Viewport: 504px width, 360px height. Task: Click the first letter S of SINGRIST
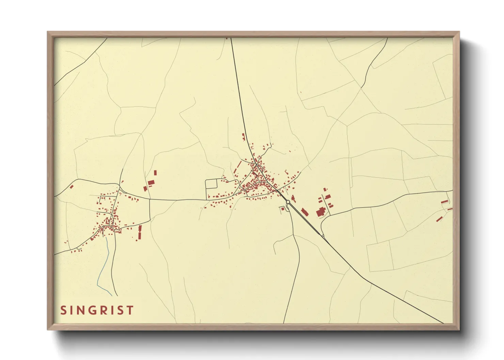point(64,310)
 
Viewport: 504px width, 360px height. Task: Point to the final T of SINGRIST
point(130,310)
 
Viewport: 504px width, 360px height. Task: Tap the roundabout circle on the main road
point(288,202)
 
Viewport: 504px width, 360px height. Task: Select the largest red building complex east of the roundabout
point(320,212)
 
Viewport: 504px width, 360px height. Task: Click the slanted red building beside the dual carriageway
point(304,212)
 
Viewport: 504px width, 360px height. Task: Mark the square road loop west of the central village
point(211,184)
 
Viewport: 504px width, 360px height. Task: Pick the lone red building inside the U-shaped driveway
point(283,208)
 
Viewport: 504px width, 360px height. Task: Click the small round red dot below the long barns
point(137,240)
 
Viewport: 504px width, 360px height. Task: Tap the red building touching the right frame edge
point(450,209)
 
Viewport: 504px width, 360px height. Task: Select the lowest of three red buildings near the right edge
point(439,219)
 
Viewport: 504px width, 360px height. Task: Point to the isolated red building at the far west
point(72,186)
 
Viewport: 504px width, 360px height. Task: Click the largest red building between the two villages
point(151,183)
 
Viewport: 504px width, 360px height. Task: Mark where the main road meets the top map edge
point(231,38)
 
